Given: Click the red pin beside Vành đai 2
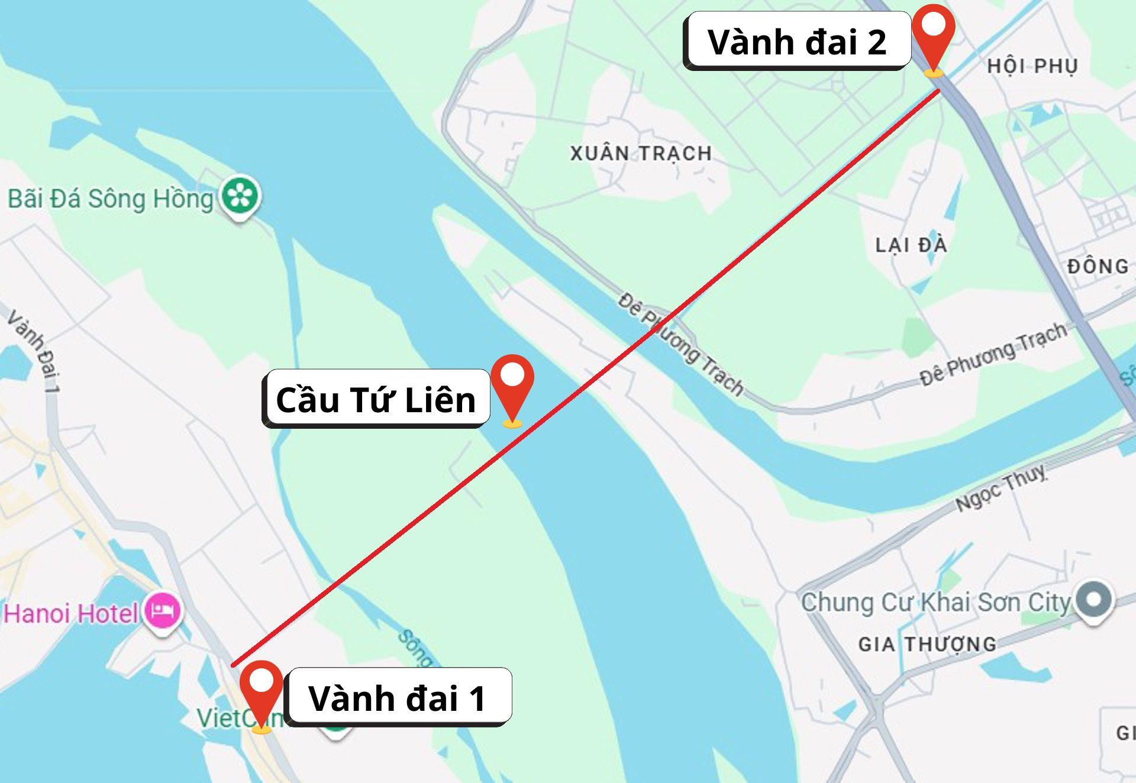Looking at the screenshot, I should tap(933, 35).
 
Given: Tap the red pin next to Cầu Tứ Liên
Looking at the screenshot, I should tap(512, 384).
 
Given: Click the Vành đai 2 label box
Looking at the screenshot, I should tap(796, 41).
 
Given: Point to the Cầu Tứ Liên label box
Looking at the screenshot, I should tap(376, 399).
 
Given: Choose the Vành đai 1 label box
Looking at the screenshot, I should tap(398, 697).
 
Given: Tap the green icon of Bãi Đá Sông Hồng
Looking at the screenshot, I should tap(240, 196).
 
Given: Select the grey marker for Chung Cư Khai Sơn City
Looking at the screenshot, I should tap(1094, 600).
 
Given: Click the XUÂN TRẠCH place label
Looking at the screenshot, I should tap(641, 154).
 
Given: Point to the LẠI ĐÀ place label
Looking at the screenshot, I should tap(911, 245).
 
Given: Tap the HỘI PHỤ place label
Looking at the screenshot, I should tap(1032, 66).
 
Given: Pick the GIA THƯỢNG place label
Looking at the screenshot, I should tap(927, 644).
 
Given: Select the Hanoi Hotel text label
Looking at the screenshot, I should tap(71, 613).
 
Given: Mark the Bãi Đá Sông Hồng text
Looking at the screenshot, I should tap(110, 199).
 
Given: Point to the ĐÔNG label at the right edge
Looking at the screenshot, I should tap(1098, 266).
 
